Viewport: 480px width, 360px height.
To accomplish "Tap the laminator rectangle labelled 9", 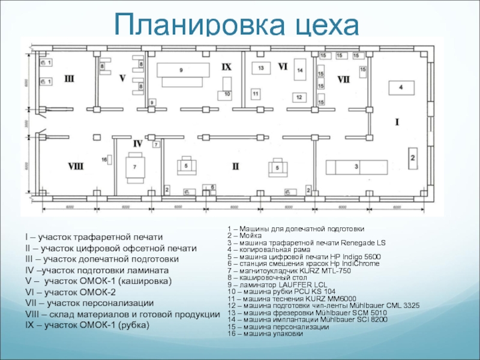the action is click(180, 71).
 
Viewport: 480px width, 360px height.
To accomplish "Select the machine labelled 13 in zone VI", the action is click(261, 68).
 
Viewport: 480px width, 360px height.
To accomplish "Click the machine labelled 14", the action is click(300, 71).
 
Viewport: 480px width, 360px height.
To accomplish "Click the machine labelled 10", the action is click(227, 94).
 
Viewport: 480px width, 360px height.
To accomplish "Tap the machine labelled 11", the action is click(256, 94).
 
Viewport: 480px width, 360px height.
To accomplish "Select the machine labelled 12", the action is click(298, 97).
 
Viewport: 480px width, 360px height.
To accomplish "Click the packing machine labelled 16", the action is click(104, 159).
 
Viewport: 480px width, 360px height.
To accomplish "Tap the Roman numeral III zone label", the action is click(70, 78).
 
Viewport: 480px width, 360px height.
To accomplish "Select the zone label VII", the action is click(343, 79).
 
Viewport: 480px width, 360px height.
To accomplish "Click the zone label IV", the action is click(137, 143).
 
